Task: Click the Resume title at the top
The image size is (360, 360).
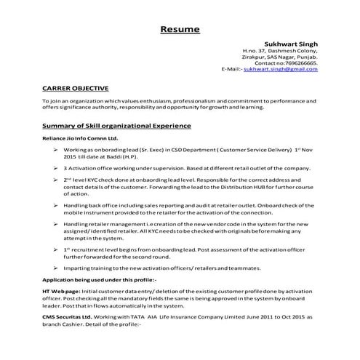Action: pos(180,30)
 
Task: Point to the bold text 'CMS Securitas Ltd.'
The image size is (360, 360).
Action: pos(66,317)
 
